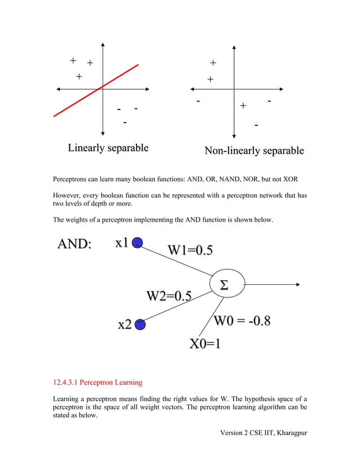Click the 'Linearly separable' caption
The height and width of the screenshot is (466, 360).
(108, 148)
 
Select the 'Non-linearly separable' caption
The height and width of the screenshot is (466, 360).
(254, 151)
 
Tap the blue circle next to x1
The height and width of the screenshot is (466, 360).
(136, 243)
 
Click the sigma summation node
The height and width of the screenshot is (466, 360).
(227, 284)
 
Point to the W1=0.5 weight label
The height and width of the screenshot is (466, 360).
(190, 250)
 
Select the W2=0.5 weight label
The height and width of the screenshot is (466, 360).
(169, 296)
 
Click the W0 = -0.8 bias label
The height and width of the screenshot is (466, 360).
(242, 321)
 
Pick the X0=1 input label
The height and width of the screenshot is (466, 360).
(204, 344)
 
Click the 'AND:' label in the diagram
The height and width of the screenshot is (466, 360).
(73, 244)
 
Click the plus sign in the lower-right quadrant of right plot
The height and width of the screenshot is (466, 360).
(243, 105)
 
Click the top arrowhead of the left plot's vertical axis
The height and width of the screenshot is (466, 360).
(103, 44)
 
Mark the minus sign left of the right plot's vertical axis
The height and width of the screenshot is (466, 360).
(198, 102)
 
